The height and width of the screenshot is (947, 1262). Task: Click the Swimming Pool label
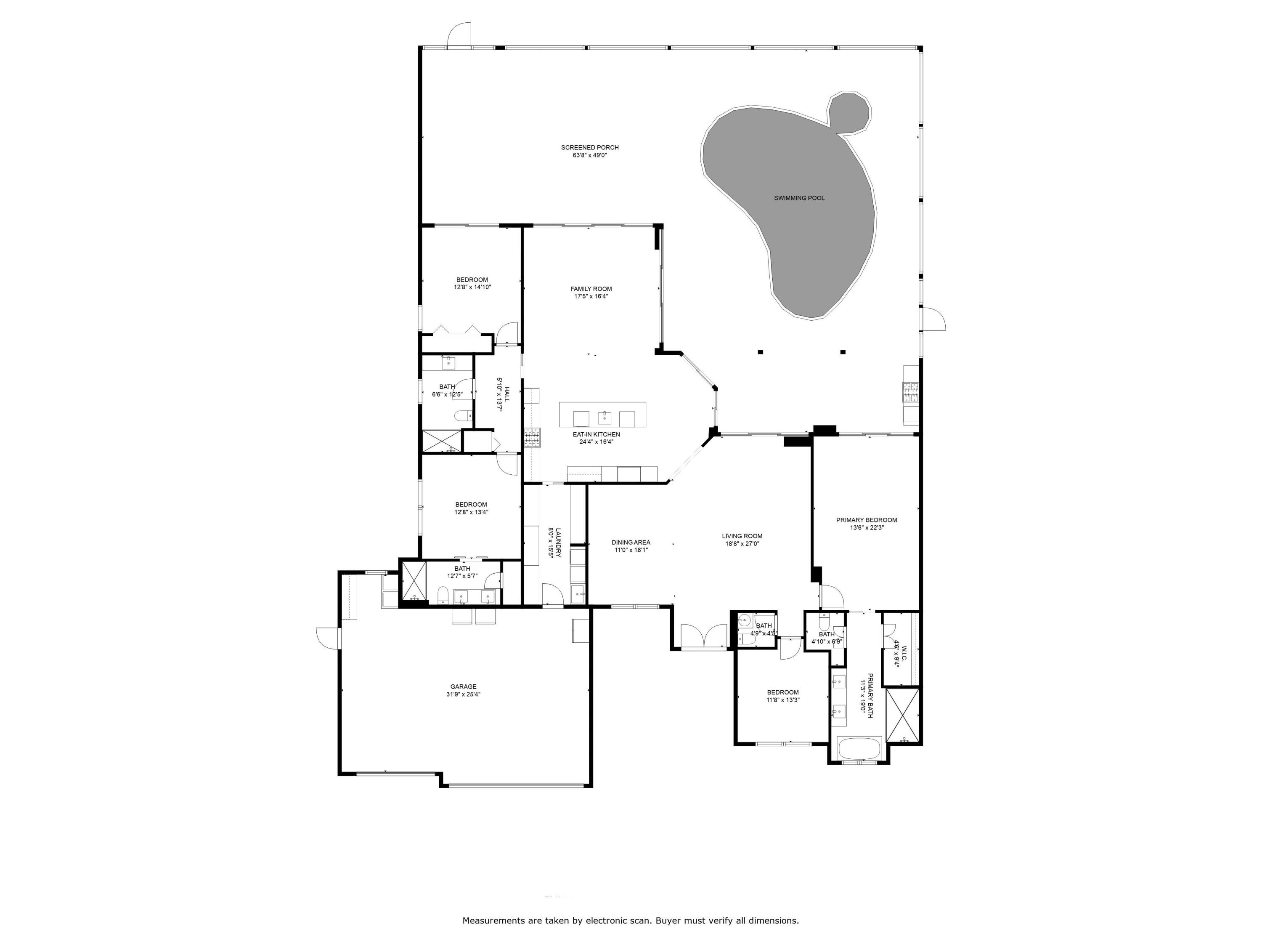tap(799, 198)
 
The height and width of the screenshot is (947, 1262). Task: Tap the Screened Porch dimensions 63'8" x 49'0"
tap(589, 155)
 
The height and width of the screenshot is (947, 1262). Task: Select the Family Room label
tap(591, 289)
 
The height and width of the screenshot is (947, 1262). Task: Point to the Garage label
tap(463, 687)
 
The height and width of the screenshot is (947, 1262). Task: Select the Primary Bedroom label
tap(866, 520)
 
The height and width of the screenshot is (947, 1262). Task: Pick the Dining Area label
tap(631, 542)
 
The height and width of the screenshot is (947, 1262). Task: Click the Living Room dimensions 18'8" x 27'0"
tap(742, 544)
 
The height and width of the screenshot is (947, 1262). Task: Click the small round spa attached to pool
tap(849, 113)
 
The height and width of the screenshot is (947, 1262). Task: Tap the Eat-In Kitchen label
tap(596, 434)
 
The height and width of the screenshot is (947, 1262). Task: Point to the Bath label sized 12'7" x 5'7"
tap(462, 569)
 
